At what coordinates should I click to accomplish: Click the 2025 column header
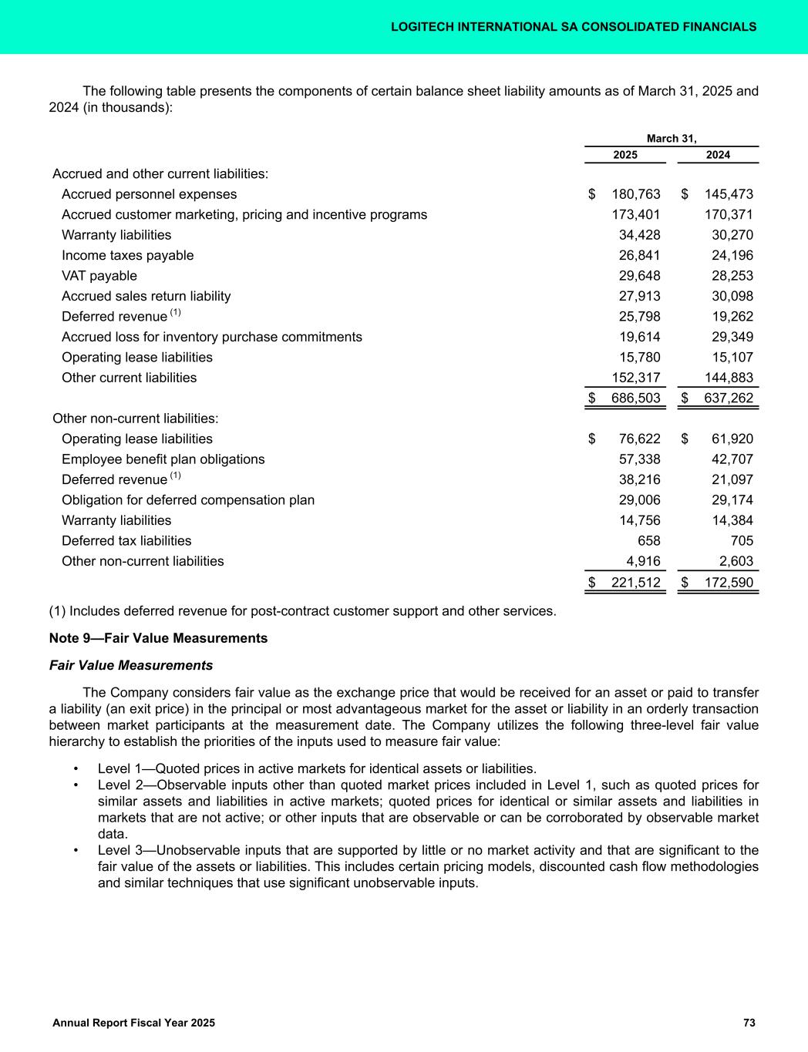click(x=625, y=155)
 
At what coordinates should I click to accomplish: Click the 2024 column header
click(x=718, y=155)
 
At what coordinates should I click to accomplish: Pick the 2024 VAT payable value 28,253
click(x=729, y=276)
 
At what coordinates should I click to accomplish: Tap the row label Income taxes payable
click(x=127, y=255)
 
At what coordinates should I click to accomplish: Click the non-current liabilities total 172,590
click(x=729, y=582)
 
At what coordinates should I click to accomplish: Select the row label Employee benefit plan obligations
click(x=163, y=459)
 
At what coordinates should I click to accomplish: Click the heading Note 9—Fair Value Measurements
click(x=158, y=638)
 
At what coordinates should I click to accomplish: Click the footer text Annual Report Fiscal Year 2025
click(x=133, y=1023)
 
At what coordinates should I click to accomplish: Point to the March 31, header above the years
click(x=672, y=139)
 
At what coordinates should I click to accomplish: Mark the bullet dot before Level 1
click(x=76, y=769)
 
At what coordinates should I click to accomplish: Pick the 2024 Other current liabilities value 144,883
click(x=729, y=378)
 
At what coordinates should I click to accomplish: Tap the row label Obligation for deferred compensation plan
click(x=187, y=500)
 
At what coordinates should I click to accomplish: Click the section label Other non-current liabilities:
click(x=135, y=418)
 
